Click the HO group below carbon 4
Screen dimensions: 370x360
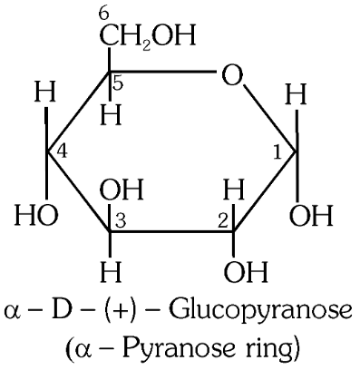(x=34, y=218)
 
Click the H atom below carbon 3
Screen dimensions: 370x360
(x=109, y=271)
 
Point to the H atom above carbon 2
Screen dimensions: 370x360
(x=233, y=190)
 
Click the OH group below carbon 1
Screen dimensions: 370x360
(x=310, y=218)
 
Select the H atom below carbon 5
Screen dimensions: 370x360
(x=110, y=116)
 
